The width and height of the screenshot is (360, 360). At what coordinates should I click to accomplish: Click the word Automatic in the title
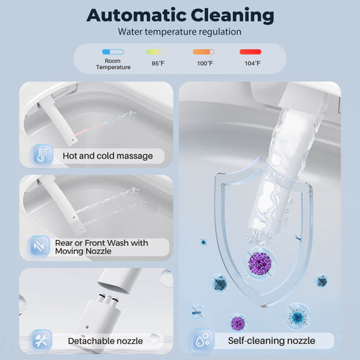(x=137, y=15)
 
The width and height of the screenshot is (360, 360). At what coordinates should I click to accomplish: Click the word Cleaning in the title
(x=232, y=16)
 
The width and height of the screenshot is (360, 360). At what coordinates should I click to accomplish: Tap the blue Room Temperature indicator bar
(x=113, y=51)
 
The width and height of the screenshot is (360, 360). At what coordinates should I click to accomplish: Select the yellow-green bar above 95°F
(x=157, y=51)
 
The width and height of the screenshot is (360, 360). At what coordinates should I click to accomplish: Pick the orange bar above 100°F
(x=204, y=51)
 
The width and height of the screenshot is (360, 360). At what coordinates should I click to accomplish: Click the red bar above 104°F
(x=251, y=51)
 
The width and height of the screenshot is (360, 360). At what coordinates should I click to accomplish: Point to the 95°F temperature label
(x=158, y=63)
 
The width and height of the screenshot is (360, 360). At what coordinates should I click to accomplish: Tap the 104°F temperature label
(x=253, y=63)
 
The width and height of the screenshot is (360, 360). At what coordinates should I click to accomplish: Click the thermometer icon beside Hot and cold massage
(x=42, y=155)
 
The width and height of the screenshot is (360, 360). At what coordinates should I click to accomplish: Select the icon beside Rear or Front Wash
(x=39, y=246)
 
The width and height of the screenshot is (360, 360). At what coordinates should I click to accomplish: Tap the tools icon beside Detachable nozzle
(x=41, y=339)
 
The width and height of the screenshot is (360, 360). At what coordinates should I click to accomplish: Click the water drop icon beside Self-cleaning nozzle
(x=202, y=340)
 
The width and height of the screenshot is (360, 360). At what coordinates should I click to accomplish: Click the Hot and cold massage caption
(x=108, y=156)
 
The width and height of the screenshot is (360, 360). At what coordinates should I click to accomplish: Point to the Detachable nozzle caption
(x=105, y=341)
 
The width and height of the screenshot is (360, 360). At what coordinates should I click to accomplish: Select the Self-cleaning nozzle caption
(x=271, y=341)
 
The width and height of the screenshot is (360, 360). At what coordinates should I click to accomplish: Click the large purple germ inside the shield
(x=259, y=264)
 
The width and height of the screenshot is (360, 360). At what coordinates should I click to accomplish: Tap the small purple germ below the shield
(x=237, y=323)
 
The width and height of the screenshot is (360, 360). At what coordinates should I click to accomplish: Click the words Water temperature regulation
(x=179, y=32)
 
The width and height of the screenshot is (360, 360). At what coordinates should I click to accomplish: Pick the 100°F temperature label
(x=205, y=63)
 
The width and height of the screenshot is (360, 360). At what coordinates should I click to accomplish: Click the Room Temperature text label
(x=113, y=64)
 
